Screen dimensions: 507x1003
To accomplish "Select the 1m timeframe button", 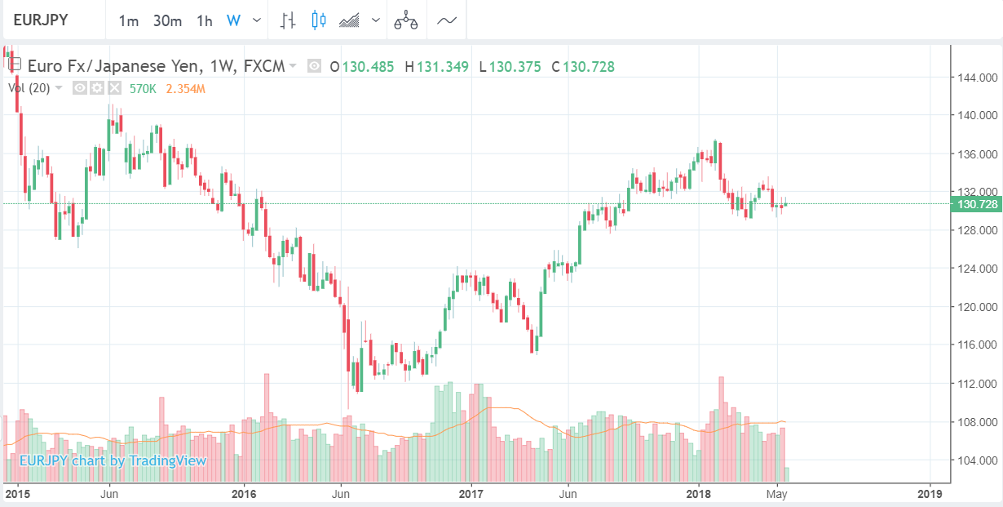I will tap(129, 20).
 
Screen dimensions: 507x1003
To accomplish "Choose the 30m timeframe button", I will tap(167, 20).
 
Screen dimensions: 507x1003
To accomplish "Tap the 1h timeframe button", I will tap(205, 20).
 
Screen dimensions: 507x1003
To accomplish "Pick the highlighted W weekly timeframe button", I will tap(233, 20).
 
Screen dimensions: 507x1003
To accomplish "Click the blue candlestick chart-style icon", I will tap(319, 20).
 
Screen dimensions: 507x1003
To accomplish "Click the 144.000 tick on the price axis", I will tap(979, 78).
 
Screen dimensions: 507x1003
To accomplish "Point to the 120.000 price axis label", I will tap(979, 307).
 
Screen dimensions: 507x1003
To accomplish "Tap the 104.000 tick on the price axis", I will tap(979, 460).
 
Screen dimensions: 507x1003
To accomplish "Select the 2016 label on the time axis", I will tap(244, 493).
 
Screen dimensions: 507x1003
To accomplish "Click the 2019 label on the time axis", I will tap(929, 493).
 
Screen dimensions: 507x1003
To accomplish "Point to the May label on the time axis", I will tap(777, 493).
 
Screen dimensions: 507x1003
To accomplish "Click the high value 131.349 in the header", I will tap(443, 67).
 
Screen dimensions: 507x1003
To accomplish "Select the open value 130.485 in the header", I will tap(366, 67).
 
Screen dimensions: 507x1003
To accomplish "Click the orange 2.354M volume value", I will tap(185, 88).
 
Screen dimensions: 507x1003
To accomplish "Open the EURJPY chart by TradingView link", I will tap(113, 460).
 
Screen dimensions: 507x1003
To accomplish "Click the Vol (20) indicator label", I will tap(31, 88).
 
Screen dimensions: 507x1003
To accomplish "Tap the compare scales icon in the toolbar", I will tap(406, 21).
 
